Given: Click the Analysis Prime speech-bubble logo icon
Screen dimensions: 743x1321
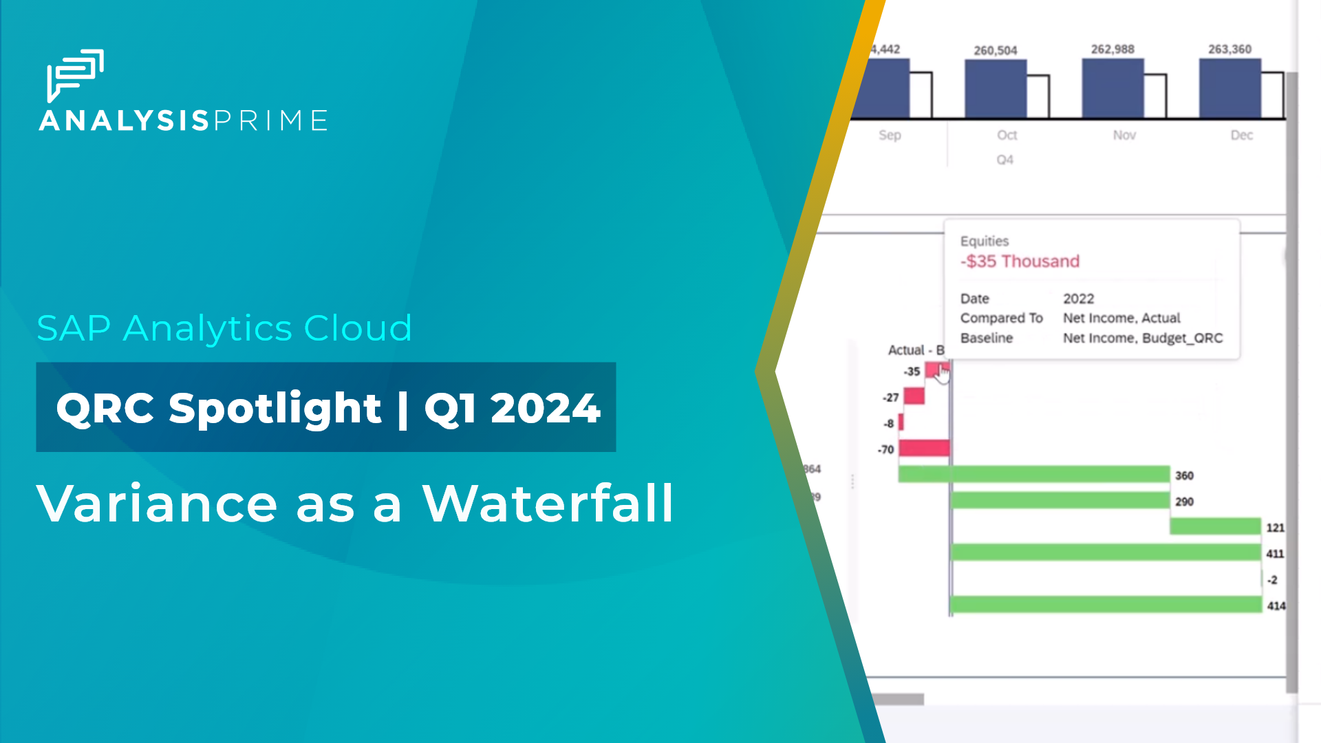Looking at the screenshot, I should click(x=74, y=74).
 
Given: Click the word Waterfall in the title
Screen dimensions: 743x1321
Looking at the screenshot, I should click(x=548, y=504).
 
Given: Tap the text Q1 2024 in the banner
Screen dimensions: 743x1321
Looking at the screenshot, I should click(x=512, y=408).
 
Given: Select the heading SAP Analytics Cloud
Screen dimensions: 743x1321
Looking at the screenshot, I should click(x=224, y=328).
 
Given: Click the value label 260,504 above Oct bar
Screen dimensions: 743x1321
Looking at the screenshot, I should click(x=995, y=51).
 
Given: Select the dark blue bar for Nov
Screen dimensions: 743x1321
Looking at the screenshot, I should click(x=1113, y=89).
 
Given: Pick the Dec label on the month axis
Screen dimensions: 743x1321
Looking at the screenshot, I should click(x=1241, y=136).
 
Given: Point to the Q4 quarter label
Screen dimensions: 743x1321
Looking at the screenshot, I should click(x=1005, y=160).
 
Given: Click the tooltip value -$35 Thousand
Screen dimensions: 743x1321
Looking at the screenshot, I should click(x=1020, y=261).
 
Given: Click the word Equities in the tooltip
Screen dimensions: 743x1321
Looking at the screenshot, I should click(x=985, y=241).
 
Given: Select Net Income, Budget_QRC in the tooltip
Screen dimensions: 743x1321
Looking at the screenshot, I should click(x=1142, y=338).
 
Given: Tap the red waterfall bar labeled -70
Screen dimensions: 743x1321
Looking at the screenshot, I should click(x=924, y=449).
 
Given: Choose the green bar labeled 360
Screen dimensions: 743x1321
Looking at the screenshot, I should click(x=1033, y=474).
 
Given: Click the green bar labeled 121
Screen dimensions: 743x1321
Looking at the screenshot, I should click(x=1215, y=527).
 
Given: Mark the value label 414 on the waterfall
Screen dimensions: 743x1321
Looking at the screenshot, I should click(x=1276, y=606).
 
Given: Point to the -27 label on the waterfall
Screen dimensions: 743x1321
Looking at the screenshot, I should click(x=891, y=398).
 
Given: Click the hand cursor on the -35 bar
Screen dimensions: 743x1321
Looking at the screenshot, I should click(x=943, y=374).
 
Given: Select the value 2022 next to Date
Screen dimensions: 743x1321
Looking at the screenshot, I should click(x=1078, y=299).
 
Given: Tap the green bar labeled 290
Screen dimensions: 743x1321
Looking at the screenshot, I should click(x=1060, y=500).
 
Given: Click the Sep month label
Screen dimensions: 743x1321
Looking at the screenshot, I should click(x=889, y=136).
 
